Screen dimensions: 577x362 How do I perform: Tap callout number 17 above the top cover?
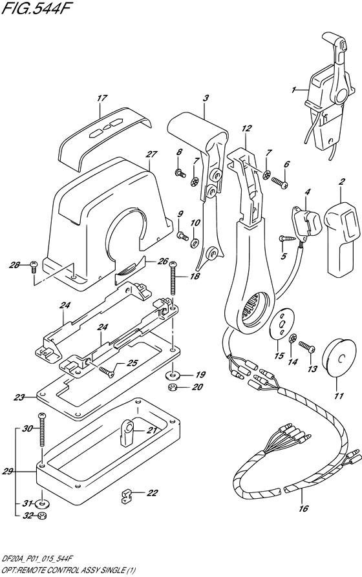tap(101, 99)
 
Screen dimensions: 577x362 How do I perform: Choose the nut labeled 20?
tap(172, 388)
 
